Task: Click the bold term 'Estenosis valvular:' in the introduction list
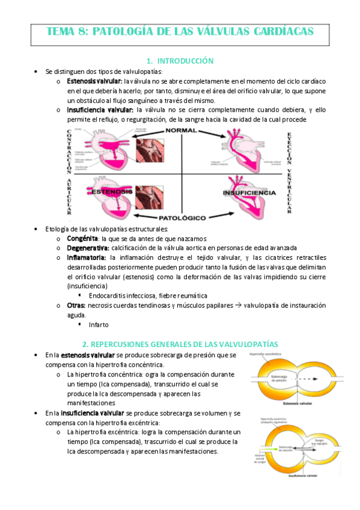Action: (x=95, y=81)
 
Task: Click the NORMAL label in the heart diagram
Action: (x=181, y=131)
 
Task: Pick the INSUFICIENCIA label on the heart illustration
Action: (x=248, y=193)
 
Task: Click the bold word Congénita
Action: (x=82, y=238)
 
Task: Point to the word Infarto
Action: (x=99, y=325)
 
